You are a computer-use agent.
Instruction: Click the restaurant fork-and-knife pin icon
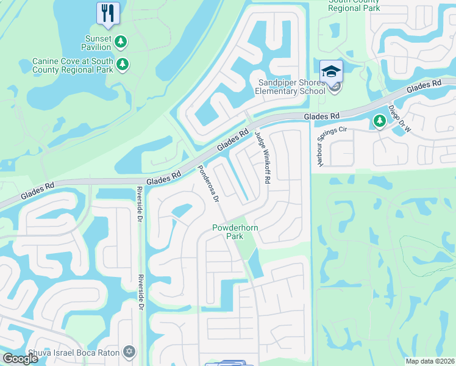pos(109,13)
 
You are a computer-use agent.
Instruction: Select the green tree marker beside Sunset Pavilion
pos(122,41)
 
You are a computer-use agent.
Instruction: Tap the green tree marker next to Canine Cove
pos(123,64)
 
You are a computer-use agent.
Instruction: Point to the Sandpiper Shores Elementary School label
pos(291,87)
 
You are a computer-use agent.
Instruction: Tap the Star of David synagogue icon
pos(129,351)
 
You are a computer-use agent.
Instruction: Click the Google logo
pos(20,359)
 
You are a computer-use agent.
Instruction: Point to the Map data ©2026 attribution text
pos(430,361)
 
